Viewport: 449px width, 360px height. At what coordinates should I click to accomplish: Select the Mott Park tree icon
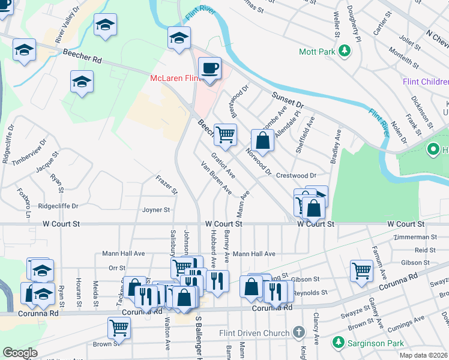pos(345,52)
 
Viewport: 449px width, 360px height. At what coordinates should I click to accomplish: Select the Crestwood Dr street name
pos(296,176)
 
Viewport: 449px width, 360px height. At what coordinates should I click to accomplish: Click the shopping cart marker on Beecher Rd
pos(225,135)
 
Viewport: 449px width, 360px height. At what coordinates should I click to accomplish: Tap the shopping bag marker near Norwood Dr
pos(262,141)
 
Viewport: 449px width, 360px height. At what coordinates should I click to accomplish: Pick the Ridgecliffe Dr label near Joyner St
pos(58,206)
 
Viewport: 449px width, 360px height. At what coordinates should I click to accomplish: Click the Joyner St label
pos(156,210)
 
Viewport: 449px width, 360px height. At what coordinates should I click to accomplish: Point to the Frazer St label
pos(166,185)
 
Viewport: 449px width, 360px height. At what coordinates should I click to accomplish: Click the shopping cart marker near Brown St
pos(119,328)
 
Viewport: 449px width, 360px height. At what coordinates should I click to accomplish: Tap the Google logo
pos(20,353)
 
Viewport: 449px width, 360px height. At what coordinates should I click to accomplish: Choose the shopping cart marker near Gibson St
pos(361,270)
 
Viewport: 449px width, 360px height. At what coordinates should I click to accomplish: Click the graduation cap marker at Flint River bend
pos(178,38)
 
